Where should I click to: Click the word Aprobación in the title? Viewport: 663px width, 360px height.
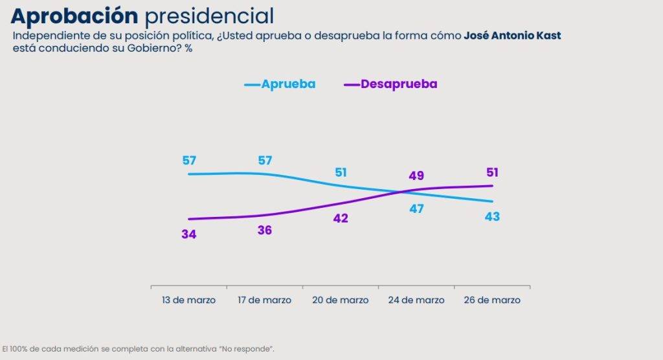coord(75,16)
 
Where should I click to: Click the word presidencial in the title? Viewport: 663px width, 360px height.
coord(208,16)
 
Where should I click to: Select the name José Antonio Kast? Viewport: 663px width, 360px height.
coord(512,36)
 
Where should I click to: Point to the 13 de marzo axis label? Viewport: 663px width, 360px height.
coord(188,300)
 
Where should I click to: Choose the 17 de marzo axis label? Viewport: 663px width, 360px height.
coord(264,300)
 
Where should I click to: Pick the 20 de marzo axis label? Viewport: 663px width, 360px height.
coord(341,300)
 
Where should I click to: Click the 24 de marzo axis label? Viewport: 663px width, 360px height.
coord(416,300)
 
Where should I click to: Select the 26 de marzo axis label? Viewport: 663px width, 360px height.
coord(492,300)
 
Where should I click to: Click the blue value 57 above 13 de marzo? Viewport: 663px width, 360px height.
coord(189,160)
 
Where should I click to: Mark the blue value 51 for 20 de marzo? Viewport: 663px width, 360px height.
coord(341,173)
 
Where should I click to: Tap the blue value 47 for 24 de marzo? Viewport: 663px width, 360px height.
coord(416,208)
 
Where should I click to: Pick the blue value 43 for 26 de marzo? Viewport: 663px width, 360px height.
coord(492,216)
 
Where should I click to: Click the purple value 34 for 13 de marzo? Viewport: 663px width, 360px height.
coord(189,234)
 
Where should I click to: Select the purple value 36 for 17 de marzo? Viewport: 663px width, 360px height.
coord(264,230)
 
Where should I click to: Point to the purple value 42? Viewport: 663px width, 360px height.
coord(341,219)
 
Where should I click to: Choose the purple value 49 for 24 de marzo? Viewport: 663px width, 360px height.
coord(416,175)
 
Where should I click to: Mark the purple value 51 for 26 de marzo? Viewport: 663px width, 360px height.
coord(492,172)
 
